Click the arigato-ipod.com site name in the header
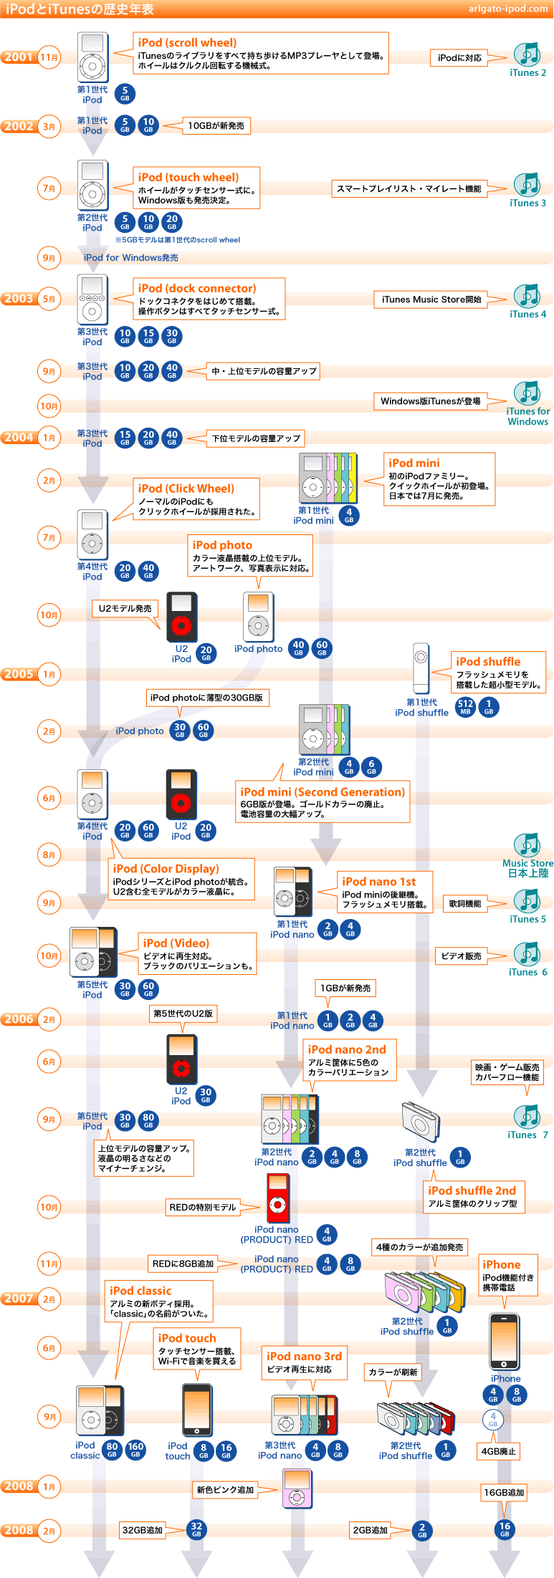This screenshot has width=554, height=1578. click(508, 9)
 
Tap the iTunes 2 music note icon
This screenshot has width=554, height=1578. click(527, 54)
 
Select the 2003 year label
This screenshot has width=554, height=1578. click(19, 299)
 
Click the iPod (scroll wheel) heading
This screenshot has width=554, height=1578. click(187, 43)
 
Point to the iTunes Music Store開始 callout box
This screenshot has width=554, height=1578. click(431, 299)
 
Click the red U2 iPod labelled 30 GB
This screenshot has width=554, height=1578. click(181, 1059)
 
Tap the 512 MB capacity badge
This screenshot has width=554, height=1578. click(465, 707)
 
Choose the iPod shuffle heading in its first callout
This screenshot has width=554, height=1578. click(488, 662)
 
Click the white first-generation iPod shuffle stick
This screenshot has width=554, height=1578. click(421, 668)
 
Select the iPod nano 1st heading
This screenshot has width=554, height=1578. click(378, 882)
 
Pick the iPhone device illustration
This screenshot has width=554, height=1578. click(505, 1341)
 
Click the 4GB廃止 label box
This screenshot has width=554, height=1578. click(498, 1451)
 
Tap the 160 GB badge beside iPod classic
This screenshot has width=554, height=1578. click(135, 1449)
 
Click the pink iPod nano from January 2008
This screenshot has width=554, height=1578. click(297, 1488)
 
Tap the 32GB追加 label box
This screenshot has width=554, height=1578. click(142, 1530)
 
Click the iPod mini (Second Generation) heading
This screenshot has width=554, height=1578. click(323, 792)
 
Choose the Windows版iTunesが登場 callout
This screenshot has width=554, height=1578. click(430, 401)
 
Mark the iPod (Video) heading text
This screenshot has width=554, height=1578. click(176, 943)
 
